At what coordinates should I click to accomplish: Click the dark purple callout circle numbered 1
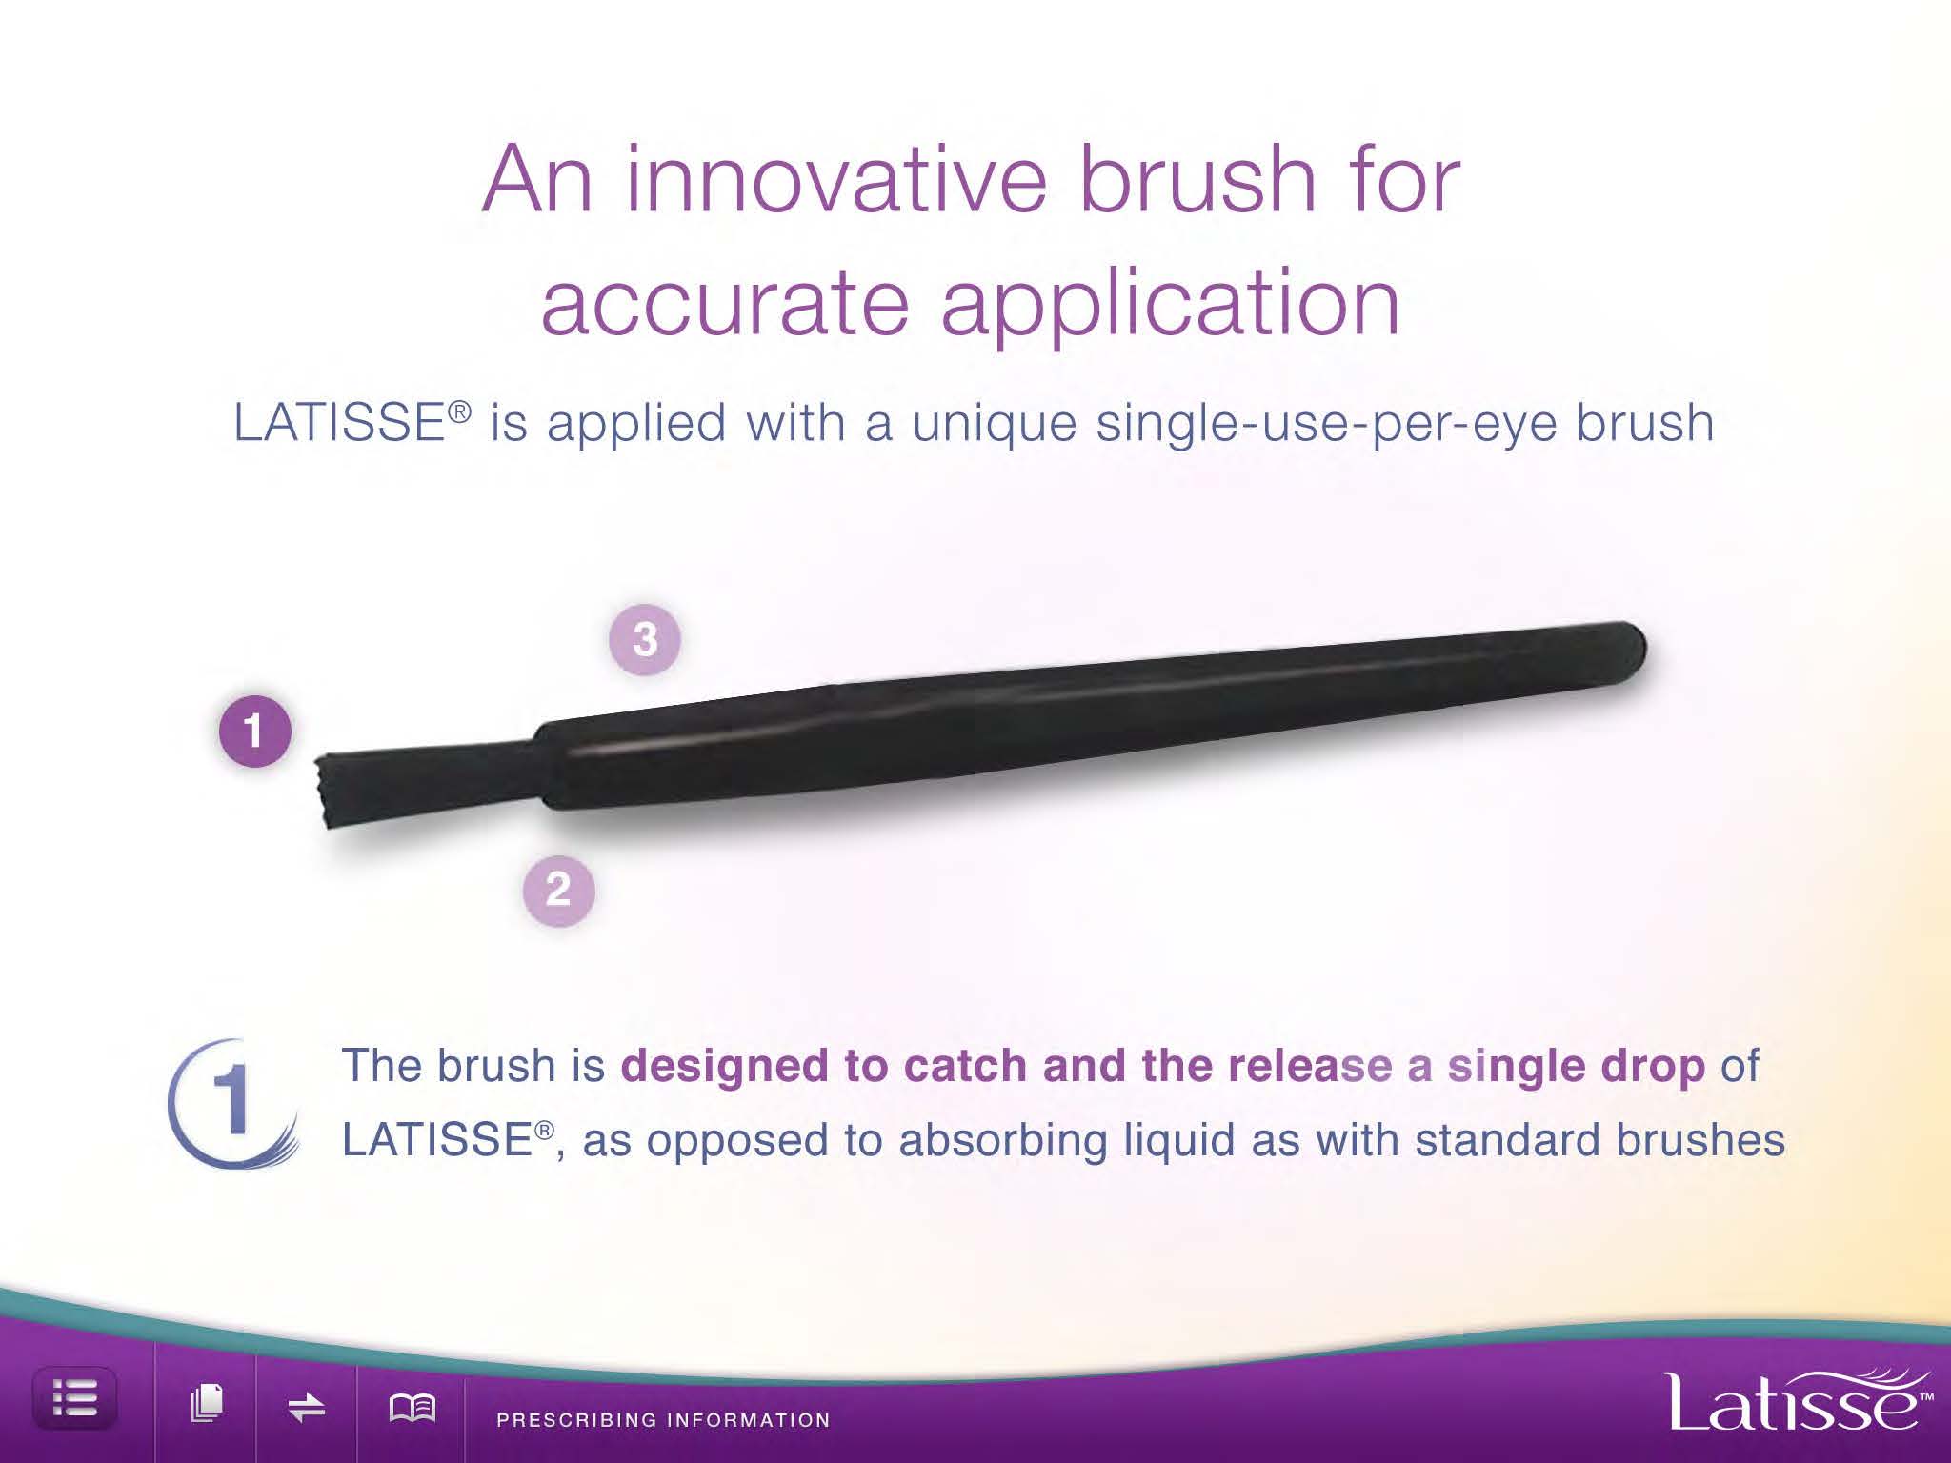(x=254, y=731)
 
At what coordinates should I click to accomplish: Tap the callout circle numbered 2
(x=558, y=891)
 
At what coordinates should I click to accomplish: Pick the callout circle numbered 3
(x=645, y=639)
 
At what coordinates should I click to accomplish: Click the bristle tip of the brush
(x=322, y=791)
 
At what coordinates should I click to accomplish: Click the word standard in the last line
(x=1505, y=1140)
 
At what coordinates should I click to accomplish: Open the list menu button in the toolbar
(x=75, y=1399)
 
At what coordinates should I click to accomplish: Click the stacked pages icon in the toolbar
(x=207, y=1403)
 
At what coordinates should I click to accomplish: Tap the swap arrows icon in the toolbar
(x=307, y=1407)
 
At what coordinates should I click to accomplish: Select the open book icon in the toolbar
(x=412, y=1407)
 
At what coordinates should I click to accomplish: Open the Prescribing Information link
(x=663, y=1419)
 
